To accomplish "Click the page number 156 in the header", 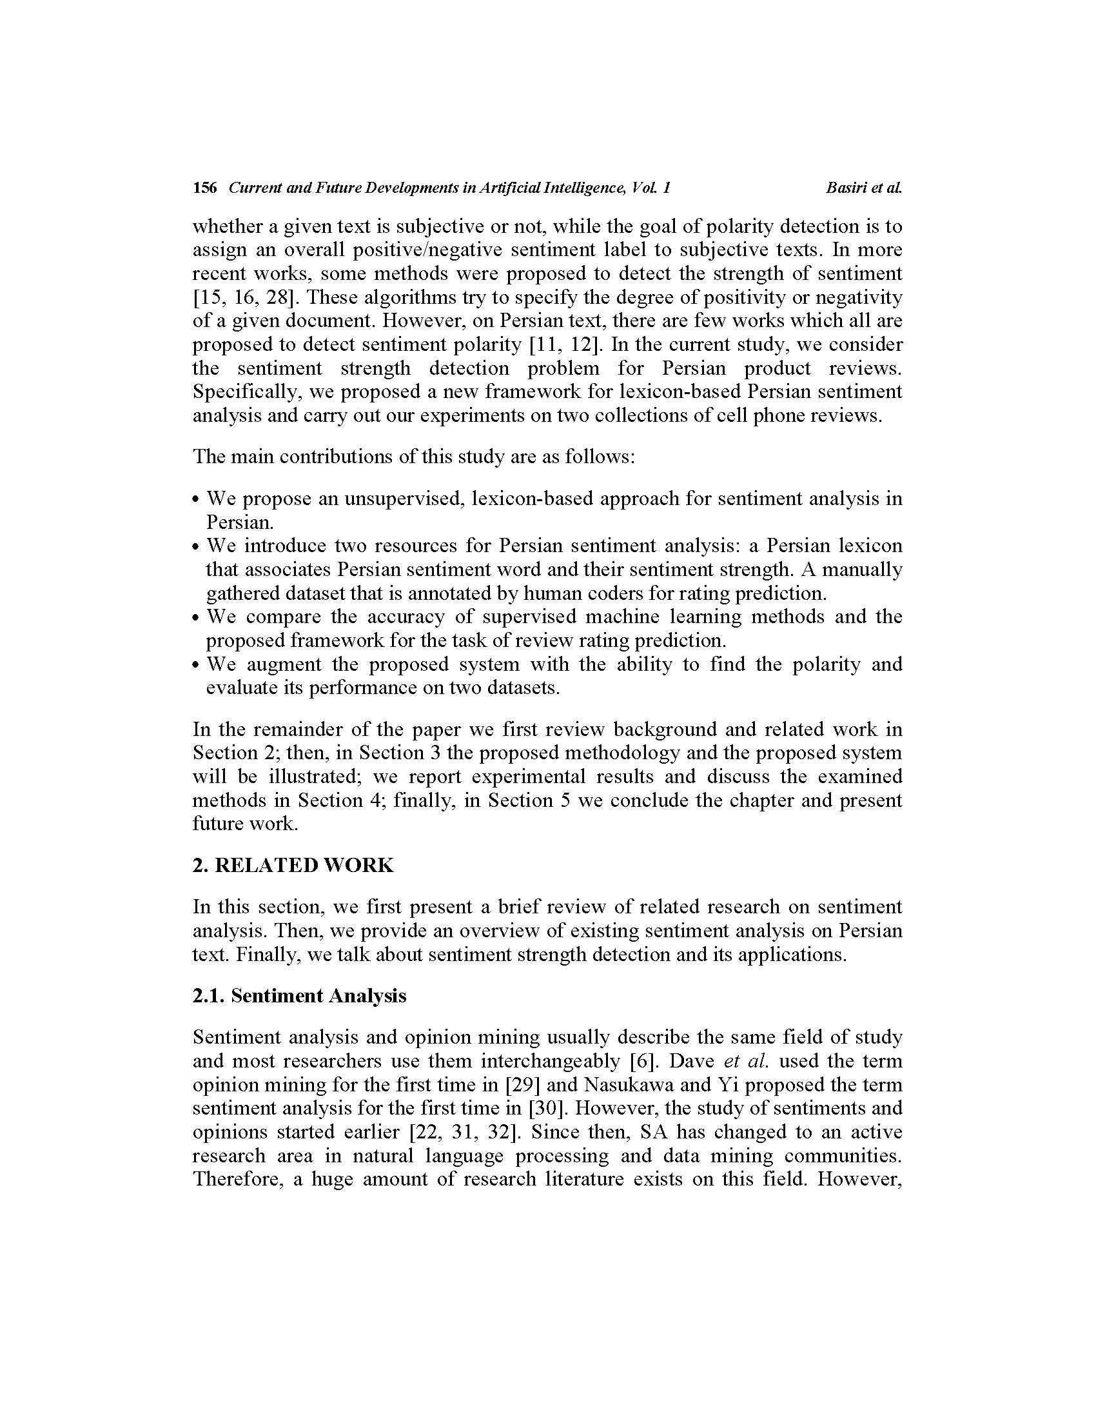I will (x=204, y=188).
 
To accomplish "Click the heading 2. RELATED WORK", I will (x=293, y=866).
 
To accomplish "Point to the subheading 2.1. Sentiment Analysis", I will (x=299, y=996).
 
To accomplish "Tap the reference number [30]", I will (x=549, y=1108).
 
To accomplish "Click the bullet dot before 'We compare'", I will (x=196, y=618).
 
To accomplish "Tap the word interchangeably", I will (x=549, y=1061).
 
